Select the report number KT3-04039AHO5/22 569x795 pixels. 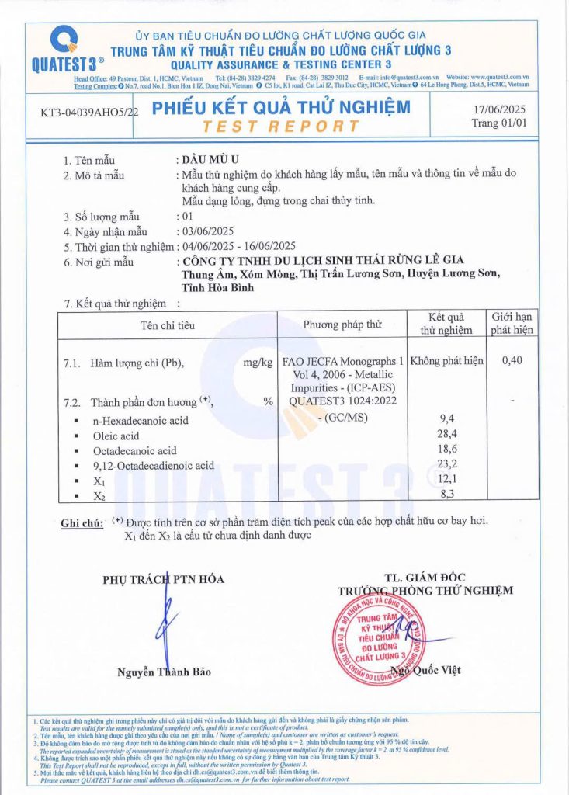pos(88,113)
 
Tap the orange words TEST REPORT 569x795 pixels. pos(281,126)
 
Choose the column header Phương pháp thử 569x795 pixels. pos(342,324)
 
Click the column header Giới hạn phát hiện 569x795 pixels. pos(512,323)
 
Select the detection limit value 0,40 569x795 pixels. pos(512,361)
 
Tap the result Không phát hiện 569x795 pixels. pos(446,361)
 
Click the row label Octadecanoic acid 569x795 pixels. pos(135,450)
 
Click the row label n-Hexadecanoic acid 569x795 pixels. pos(142,420)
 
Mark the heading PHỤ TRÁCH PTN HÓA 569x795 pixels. pos(163,579)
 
